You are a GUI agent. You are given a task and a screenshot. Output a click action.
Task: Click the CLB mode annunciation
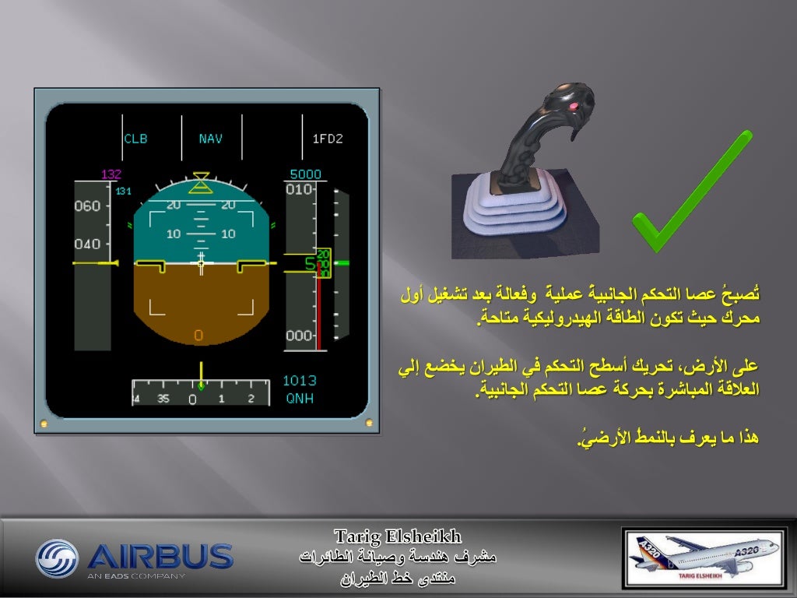pos(135,139)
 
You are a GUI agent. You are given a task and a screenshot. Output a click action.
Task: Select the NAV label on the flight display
pos(210,139)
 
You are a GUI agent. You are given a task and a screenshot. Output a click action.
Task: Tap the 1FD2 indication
pos(328,139)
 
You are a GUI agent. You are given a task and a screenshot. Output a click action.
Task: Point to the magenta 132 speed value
pos(111,174)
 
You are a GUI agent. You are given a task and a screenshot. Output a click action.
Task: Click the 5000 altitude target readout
pos(305,174)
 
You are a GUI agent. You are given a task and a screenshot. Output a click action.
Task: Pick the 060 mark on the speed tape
pos(87,206)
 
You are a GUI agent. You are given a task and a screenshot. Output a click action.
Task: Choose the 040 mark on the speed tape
pos(87,244)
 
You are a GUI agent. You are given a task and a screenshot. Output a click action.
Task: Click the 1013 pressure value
pos(299,381)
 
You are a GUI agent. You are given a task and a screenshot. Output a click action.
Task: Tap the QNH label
pos(299,398)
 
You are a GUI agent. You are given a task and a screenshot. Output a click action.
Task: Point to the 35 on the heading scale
pos(163,399)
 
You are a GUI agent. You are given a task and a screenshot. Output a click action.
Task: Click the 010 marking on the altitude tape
pos(300,189)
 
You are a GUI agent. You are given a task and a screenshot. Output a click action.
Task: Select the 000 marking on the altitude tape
pos(300,336)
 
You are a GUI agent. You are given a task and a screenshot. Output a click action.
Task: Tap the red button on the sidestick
pos(573,106)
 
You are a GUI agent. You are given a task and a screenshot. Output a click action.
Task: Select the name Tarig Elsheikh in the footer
pos(398,536)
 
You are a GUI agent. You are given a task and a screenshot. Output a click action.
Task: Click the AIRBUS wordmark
pos(160,556)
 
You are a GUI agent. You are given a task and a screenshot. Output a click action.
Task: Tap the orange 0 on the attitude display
pos(198,336)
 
